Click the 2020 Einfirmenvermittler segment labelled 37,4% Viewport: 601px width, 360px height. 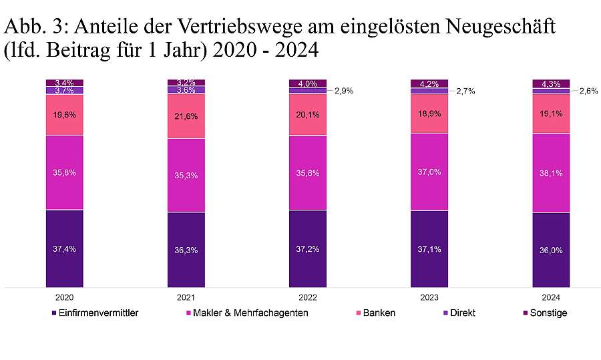point(65,248)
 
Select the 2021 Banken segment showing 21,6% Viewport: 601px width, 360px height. point(186,116)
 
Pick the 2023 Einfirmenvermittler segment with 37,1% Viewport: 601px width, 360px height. point(429,248)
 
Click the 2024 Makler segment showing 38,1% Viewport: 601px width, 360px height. point(551,173)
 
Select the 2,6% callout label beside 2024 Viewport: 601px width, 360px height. point(588,91)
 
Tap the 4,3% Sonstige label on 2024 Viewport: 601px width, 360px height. point(551,83)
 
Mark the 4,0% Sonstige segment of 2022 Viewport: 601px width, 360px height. point(308,83)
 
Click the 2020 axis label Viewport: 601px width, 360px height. point(65,297)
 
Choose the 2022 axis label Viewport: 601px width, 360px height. point(308,297)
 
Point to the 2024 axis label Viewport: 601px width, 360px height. point(551,297)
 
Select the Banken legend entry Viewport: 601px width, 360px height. point(379,313)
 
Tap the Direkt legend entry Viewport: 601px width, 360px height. point(463,313)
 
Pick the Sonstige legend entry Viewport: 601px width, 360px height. point(548,313)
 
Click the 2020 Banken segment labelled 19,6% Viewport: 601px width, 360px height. point(65,114)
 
